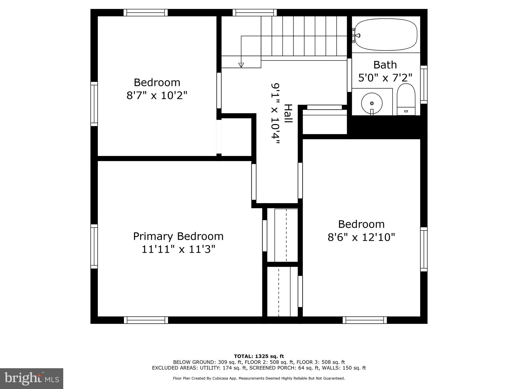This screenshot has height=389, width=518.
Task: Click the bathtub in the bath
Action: click(x=386, y=35)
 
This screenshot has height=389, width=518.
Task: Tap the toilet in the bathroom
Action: click(x=406, y=100)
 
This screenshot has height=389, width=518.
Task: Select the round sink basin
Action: click(x=372, y=103)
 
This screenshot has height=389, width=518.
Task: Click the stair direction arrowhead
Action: click(x=241, y=65)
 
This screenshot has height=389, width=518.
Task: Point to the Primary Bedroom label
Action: click(x=178, y=236)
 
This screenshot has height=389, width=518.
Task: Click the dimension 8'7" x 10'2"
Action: click(x=157, y=96)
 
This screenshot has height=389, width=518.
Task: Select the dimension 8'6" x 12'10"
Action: click(x=361, y=238)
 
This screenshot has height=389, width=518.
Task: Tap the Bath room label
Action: click(x=385, y=65)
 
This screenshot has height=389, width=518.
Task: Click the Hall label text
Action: click(x=288, y=114)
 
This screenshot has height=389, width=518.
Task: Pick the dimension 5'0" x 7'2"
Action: click(x=385, y=78)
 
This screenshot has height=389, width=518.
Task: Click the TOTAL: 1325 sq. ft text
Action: click(x=259, y=356)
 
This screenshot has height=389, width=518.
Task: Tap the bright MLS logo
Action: click(x=32, y=378)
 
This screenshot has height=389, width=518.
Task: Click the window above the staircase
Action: click(x=254, y=13)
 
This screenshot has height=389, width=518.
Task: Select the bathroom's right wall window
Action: click(x=424, y=85)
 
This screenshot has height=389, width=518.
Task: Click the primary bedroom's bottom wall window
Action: click(x=146, y=320)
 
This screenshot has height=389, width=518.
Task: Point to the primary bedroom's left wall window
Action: click(x=94, y=246)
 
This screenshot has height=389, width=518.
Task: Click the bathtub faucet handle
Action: click(x=357, y=35)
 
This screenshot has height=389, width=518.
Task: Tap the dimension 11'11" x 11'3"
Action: click(x=178, y=249)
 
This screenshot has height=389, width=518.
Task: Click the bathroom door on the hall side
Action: click(x=349, y=75)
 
